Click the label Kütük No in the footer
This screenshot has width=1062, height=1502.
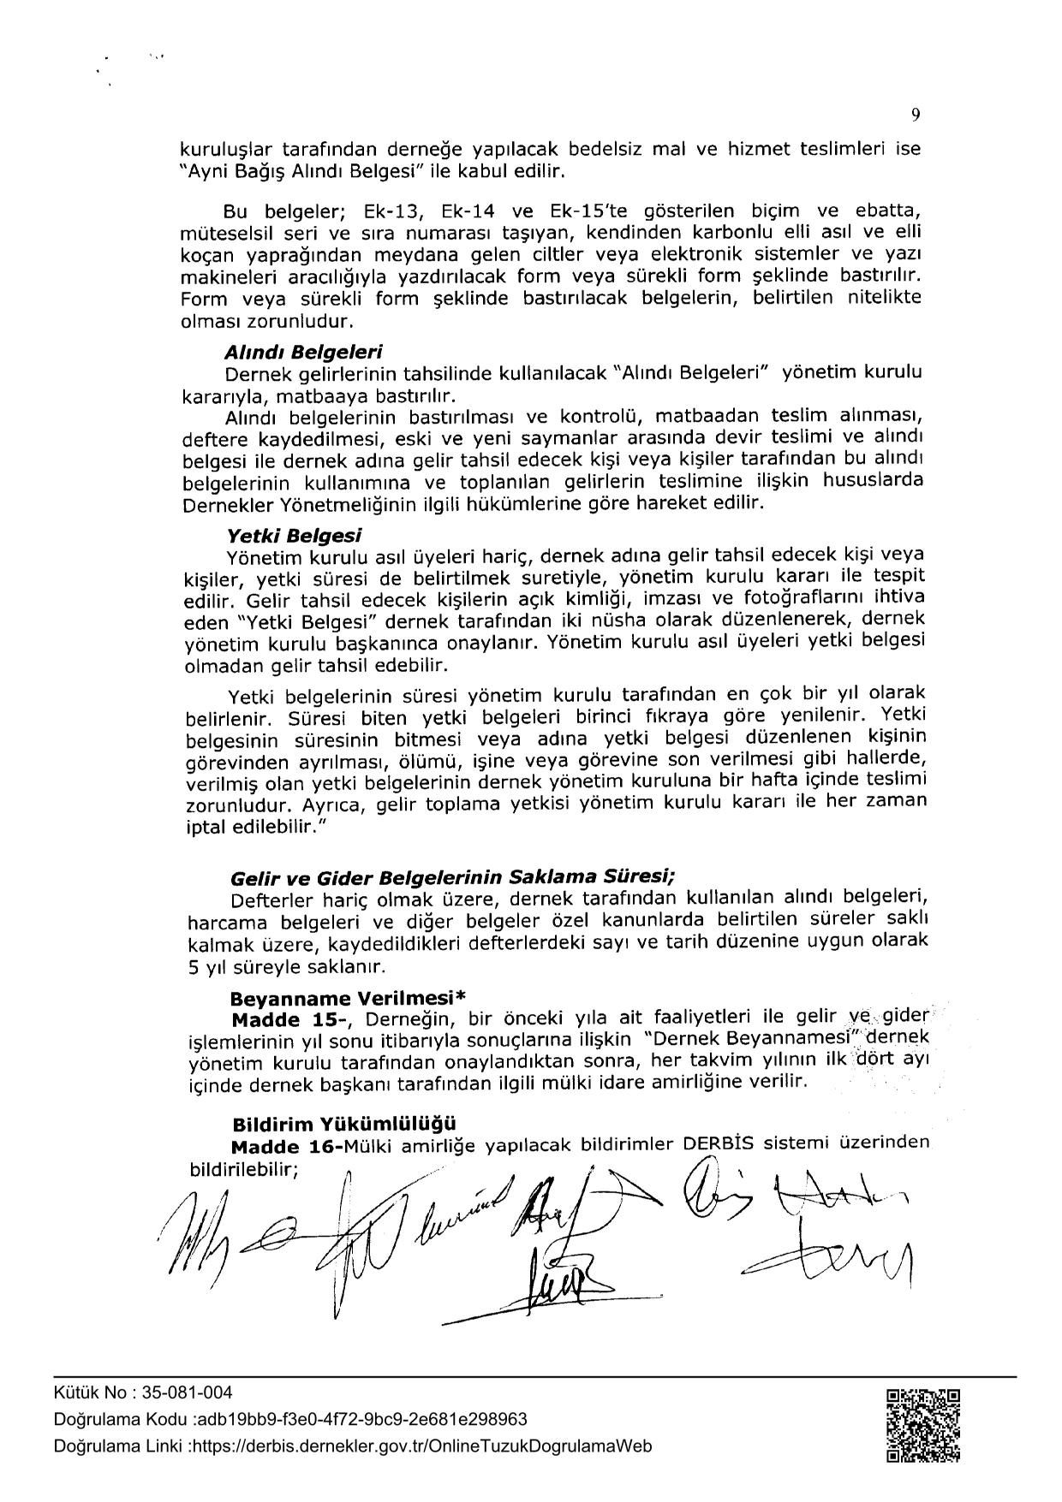coord(85,1393)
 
